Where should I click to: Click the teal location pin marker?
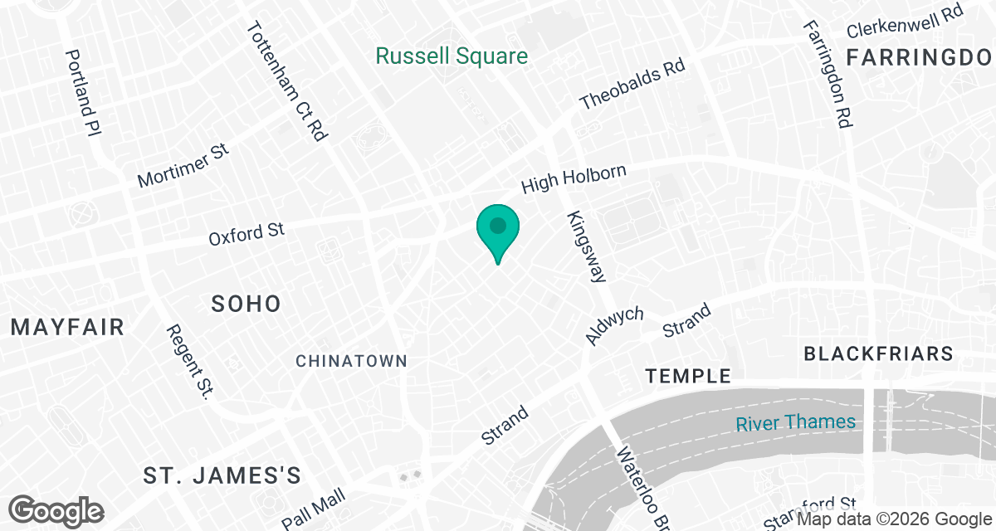click(x=497, y=230)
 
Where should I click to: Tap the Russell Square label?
click(x=452, y=56)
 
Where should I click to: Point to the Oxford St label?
click(x=247, y=232)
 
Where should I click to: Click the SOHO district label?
click(x=246, y=304)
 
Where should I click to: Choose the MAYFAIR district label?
click(x=67, y=327)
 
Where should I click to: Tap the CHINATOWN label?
click(x=352, y=361)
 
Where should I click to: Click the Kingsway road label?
click(x=587, y=246)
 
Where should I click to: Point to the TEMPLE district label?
click(x=689, y=377)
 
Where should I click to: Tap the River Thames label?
click(x=795, y=422)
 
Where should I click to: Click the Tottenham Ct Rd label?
click(x=286, y=80)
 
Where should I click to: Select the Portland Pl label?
click(x=83, y=92)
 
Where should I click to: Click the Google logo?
click(x=57, y=509)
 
